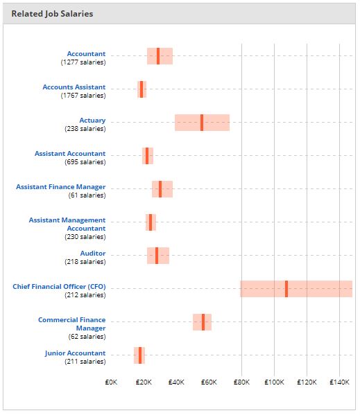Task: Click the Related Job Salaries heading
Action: click(x=52, y=13)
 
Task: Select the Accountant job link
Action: click(x=86, y=53)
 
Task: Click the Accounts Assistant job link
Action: click(x=74, y=87)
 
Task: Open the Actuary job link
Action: click(x=92, y=120)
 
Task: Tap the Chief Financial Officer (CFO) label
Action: click(x=59, y=286)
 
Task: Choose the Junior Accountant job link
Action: click(x=75, y=353)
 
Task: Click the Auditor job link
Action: click(x=92, y=253)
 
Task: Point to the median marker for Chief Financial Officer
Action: click(x=286, y=289)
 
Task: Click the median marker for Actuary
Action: click(x=202, y=123)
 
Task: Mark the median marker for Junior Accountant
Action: click(x=139, y=355)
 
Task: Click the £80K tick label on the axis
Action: click(x=241, y=382)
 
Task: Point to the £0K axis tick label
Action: click(x=111, y=382)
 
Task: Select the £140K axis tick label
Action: click(x=339, y=382)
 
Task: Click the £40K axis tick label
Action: click(x=176, y=382)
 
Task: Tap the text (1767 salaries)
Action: click(x=83, y=96)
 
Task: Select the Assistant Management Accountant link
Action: click(x=67, y=224)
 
